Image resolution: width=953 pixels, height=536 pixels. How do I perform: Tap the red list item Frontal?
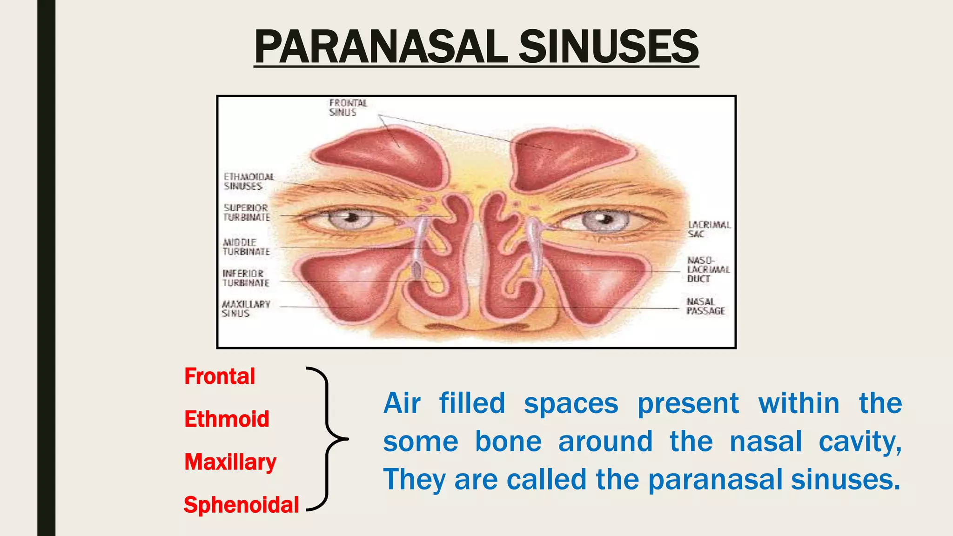tap(220, 376)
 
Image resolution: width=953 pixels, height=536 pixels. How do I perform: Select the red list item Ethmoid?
tap(227, 419)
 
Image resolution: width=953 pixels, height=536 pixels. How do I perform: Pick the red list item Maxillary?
tap(230, 462)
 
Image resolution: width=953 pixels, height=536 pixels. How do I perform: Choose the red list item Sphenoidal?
tap(241, 505)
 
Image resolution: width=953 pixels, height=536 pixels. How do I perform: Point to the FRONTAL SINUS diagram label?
tap(348, 107)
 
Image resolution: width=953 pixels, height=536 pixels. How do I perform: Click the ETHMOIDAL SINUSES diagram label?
tap(248, 181)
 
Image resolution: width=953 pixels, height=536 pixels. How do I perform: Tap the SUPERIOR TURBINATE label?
tap(246, 213)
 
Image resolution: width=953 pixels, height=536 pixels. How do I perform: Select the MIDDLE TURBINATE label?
tap(246, 247)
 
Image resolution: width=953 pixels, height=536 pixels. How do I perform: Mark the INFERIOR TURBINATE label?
tap(245, 278)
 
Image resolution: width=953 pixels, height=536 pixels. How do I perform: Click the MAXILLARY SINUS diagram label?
tap(245, 309)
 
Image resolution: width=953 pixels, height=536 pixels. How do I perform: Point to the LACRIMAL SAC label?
tap(709, 229)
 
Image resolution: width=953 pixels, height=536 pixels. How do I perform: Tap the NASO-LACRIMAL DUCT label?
tap(708, 269)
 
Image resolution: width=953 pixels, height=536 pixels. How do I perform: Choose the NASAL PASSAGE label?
tap(705, 306)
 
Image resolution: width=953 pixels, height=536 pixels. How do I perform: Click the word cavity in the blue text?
tap(860, 441)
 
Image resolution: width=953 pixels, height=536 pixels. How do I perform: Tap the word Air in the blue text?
tap(402, 403)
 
